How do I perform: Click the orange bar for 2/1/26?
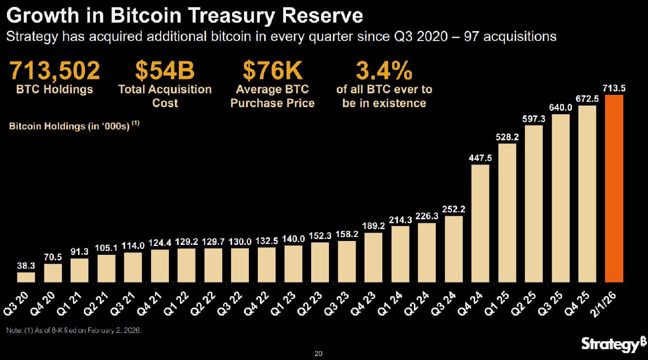(x=614, y=189)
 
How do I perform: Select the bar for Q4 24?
(x=481, y=224)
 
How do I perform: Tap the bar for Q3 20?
(x=26, y=278)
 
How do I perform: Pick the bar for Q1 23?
(x=294, y=264)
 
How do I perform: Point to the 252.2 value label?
(x=454, y=209)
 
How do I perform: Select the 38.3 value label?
(x=26, y=266)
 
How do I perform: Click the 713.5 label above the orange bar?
(x=614, y=88)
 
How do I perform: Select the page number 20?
(x=319, y=354)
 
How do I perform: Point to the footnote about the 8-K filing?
(x=74, y=330)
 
